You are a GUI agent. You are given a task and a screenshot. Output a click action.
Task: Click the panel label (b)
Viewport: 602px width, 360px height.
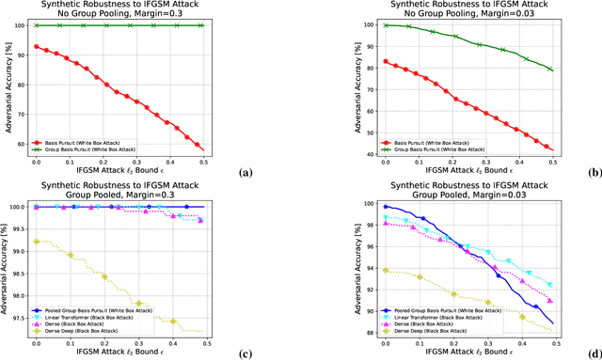point(592,173)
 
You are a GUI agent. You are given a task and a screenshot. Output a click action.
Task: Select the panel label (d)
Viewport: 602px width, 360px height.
point(592,353)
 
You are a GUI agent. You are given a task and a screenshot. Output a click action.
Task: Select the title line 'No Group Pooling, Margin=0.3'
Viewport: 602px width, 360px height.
point(142,13)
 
